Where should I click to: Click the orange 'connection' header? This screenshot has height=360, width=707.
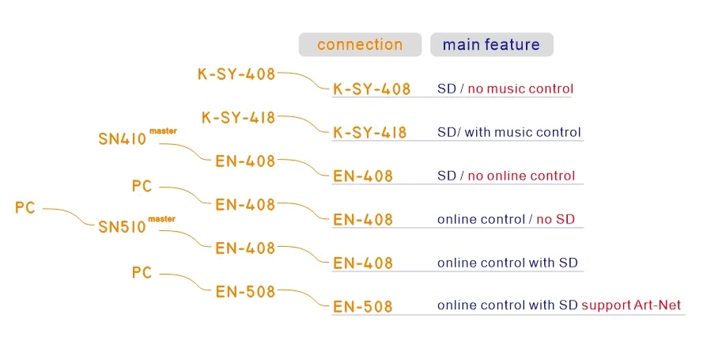(x=360, y=44)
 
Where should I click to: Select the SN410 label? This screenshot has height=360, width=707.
(x=123, y=139)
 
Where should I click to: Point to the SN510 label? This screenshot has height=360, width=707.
(x=123, y=227)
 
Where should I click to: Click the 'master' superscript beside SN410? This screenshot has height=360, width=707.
(x=163, y=131)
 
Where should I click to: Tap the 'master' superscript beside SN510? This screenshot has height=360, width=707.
(x=162, y=219)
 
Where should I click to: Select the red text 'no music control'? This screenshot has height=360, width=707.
(x=520, y=89)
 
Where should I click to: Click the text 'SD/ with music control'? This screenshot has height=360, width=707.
(x=509, y=132)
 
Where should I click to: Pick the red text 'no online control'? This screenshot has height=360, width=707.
(x=521, y=176)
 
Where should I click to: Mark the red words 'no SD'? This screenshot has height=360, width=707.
(x=555, y=219)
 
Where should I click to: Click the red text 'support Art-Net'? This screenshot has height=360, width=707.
(x=631, y=305)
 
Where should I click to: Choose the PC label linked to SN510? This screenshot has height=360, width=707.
(x=25, y=207)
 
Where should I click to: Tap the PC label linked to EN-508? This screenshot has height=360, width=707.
(x=142, y=273)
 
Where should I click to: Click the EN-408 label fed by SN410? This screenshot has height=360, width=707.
(x=245, y=161)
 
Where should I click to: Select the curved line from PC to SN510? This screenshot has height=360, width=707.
(x=69, y=217)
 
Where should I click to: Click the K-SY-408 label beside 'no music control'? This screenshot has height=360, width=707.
(x=372, y=89)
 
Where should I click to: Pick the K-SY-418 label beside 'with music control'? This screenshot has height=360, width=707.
(x=370, y=133)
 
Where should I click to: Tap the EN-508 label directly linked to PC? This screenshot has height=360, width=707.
(x=245, y=292)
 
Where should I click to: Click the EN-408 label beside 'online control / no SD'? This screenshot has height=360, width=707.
(x=363, y=220)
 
